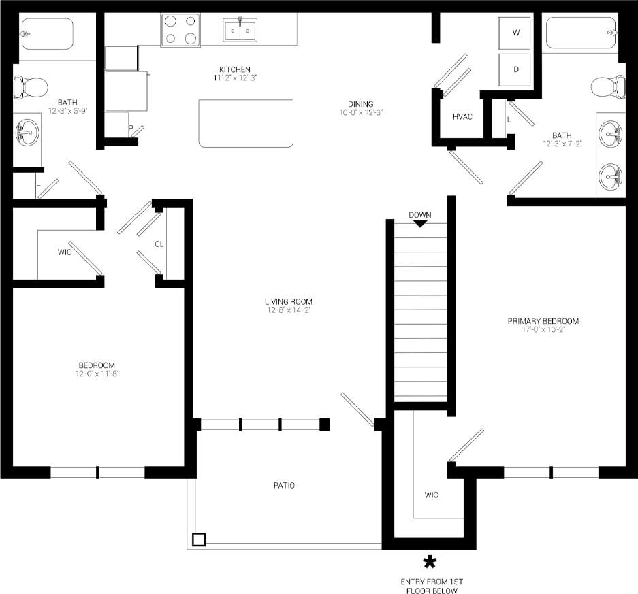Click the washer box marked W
point(516,32)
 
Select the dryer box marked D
point(516,69)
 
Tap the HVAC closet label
point(462,116)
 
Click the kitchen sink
point(240,30)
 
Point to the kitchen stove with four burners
point(180,30)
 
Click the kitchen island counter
point(246,123)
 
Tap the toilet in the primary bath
point(607,86)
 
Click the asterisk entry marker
point(430,562)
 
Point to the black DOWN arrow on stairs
point(420,223)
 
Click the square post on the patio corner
point(198,540)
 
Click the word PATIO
point(284,485)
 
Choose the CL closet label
point(159,244)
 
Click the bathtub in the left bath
point(46,33)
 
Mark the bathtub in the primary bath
point(581,33)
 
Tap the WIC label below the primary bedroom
point(432,495)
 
